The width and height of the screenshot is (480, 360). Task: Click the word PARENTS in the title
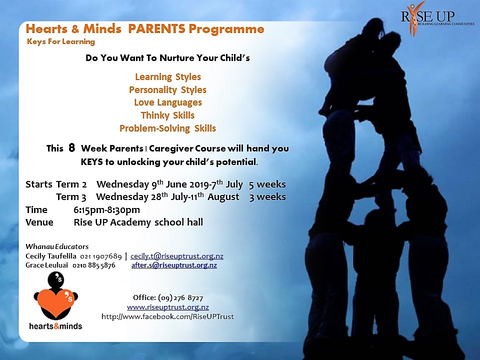point(156,29)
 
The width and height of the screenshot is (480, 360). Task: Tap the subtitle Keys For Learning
point(61,41)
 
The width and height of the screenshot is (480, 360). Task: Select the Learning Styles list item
point(168,77)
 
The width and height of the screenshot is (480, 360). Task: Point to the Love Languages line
point(168,102)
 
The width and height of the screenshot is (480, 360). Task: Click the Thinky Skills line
point(168,115)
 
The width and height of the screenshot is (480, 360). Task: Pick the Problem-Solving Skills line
point(168,128)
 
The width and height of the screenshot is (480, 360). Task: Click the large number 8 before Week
point(71,148)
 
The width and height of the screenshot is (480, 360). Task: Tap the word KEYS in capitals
point(92,161)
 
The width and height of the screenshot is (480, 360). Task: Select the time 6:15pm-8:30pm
point(107,210)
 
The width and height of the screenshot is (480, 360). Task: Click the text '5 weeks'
point(267,184)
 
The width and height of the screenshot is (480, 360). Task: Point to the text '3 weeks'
point(267,197)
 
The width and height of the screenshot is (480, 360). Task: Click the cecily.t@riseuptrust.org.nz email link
point(177,256)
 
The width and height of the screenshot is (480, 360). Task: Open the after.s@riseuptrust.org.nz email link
point(174,265)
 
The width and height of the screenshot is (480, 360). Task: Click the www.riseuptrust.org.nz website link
point(168,307)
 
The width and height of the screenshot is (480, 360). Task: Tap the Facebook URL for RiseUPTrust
point(168,316)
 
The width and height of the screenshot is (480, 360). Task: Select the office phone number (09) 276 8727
point(180,298)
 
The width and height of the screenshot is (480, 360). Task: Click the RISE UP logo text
point(428,17)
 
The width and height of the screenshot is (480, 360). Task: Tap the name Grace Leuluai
point(46,265)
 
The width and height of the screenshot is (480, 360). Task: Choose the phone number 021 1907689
point(101,256)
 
